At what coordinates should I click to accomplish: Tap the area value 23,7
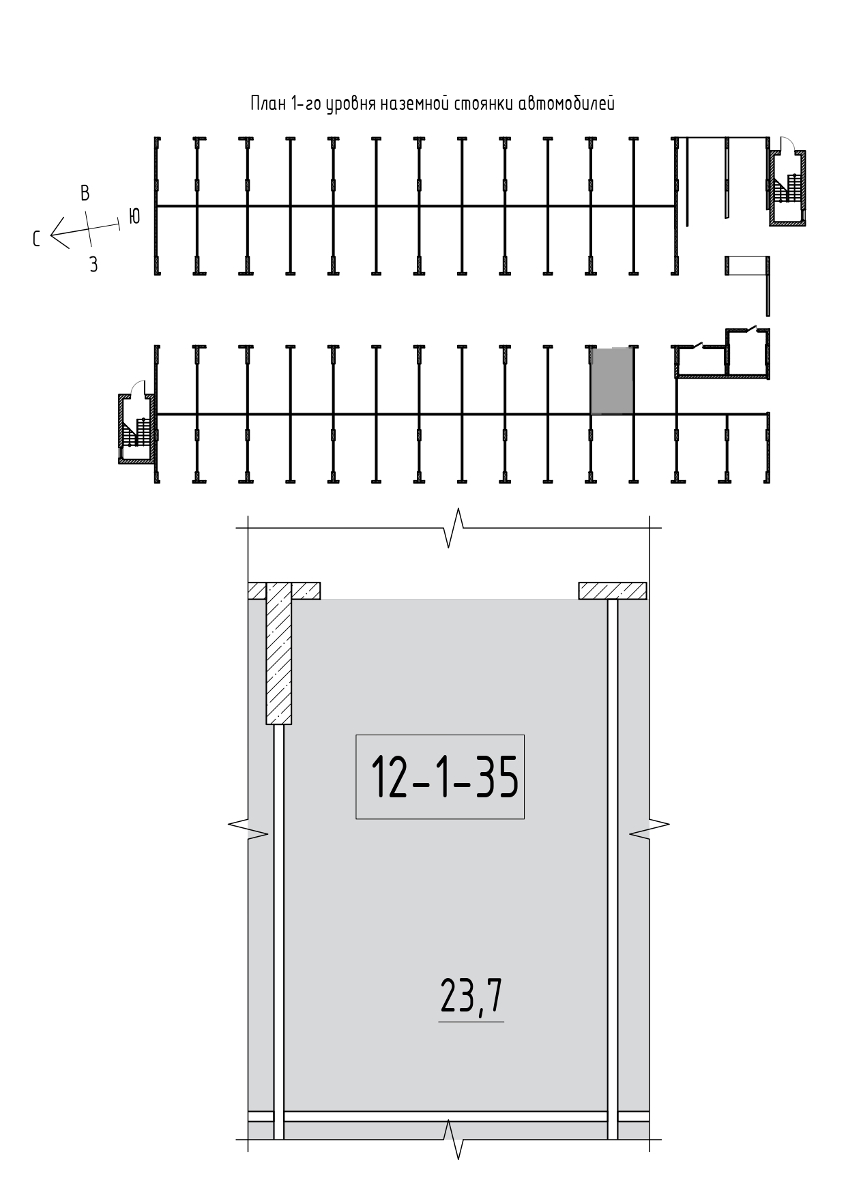click(471, 998)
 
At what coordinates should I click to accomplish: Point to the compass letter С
click(36, 238)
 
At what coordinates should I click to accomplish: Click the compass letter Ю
click(134, 216)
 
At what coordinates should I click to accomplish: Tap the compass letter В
click(85, 193)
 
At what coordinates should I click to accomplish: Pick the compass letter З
click(93, 265)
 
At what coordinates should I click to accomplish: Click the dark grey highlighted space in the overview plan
click(612, 381)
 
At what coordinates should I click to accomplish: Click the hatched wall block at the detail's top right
click(613, 591)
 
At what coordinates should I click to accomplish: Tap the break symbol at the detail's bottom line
click(454, 1140)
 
